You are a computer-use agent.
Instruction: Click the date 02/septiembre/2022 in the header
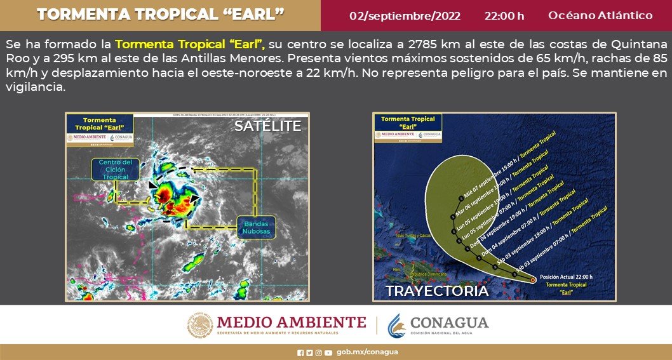click(x=405, y=16)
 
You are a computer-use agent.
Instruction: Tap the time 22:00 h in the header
click(x=504, y=16)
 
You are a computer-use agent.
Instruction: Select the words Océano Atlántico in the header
click(x=600, y=16)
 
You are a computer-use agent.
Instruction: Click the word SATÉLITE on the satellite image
click(x=267, y=126)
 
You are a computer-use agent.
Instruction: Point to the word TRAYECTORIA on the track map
click(x=437, y=291)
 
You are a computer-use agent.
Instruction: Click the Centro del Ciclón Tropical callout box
click(x=115, y=170)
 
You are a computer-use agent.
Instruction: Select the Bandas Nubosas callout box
click(x=256, y=227)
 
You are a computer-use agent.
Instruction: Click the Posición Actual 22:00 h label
click(x=567, y=277)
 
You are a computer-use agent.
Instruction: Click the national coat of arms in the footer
click(x=200, y=325)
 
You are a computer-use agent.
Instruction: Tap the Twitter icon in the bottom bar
click(x=309, y=352)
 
